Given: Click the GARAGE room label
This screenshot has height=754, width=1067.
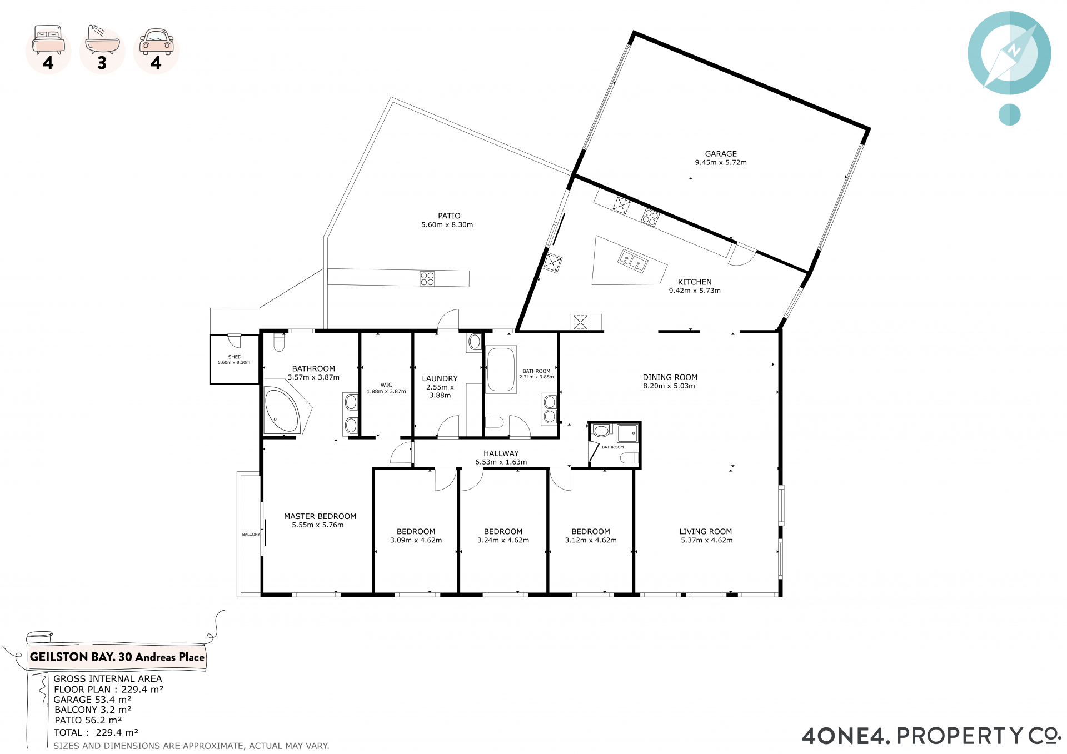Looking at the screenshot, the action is click(721, 154).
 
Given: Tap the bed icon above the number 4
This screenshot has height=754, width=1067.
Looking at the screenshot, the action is click(49, 39).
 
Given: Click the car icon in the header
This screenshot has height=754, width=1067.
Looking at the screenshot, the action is click(156, 42).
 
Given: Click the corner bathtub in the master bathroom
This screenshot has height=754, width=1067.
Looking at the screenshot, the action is click(282, 411).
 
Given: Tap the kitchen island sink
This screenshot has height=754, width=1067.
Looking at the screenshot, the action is click(633, 261).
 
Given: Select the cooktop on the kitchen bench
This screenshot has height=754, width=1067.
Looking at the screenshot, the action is click(650, 217).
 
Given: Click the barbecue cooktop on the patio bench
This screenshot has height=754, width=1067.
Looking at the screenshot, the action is click(427, 278).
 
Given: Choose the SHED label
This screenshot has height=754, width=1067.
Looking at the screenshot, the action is click(235, 357).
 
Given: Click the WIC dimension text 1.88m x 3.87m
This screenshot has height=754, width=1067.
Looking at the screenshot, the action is click(386, 392).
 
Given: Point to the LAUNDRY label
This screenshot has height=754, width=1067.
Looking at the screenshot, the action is click(440, 378).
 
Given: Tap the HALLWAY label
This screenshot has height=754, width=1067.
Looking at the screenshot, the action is click(501, 453).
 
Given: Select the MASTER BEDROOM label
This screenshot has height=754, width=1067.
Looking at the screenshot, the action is click(320, 516).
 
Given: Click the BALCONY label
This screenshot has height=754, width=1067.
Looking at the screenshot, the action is click(251, 535).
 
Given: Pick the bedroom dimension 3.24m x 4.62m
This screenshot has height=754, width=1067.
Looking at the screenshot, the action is click(503, 540).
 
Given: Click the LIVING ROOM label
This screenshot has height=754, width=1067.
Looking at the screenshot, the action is click(705, 532).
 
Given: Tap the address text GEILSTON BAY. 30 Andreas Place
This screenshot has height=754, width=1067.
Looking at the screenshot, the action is click(117, 657).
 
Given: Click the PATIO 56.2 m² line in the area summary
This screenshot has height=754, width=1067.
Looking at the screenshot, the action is click(88, 720).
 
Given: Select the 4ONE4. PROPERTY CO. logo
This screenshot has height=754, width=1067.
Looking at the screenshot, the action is click(932, 736).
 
